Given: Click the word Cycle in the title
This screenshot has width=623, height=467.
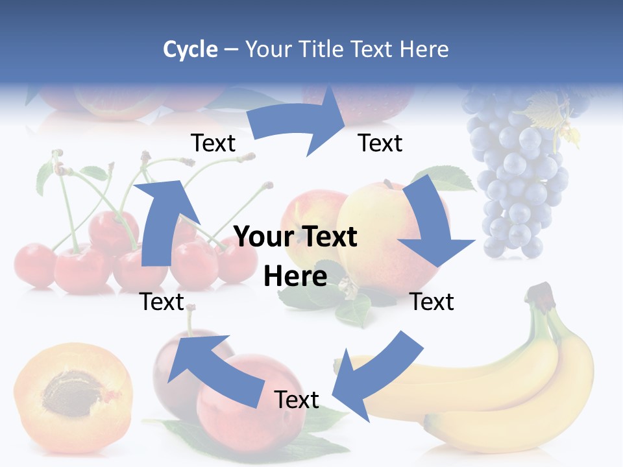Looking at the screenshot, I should click(190, 49).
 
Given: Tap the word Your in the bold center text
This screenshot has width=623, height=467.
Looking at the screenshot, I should click(262, 237).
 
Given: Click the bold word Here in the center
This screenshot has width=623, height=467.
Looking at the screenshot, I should click(295, 276).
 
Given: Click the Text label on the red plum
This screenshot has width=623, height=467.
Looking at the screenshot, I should click(297, 400).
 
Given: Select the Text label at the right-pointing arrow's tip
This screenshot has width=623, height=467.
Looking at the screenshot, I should click(380, 143).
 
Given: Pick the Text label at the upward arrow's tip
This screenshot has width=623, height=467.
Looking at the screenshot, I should click(214, 143).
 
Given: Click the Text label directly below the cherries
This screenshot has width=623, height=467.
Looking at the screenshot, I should click(162, 302).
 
